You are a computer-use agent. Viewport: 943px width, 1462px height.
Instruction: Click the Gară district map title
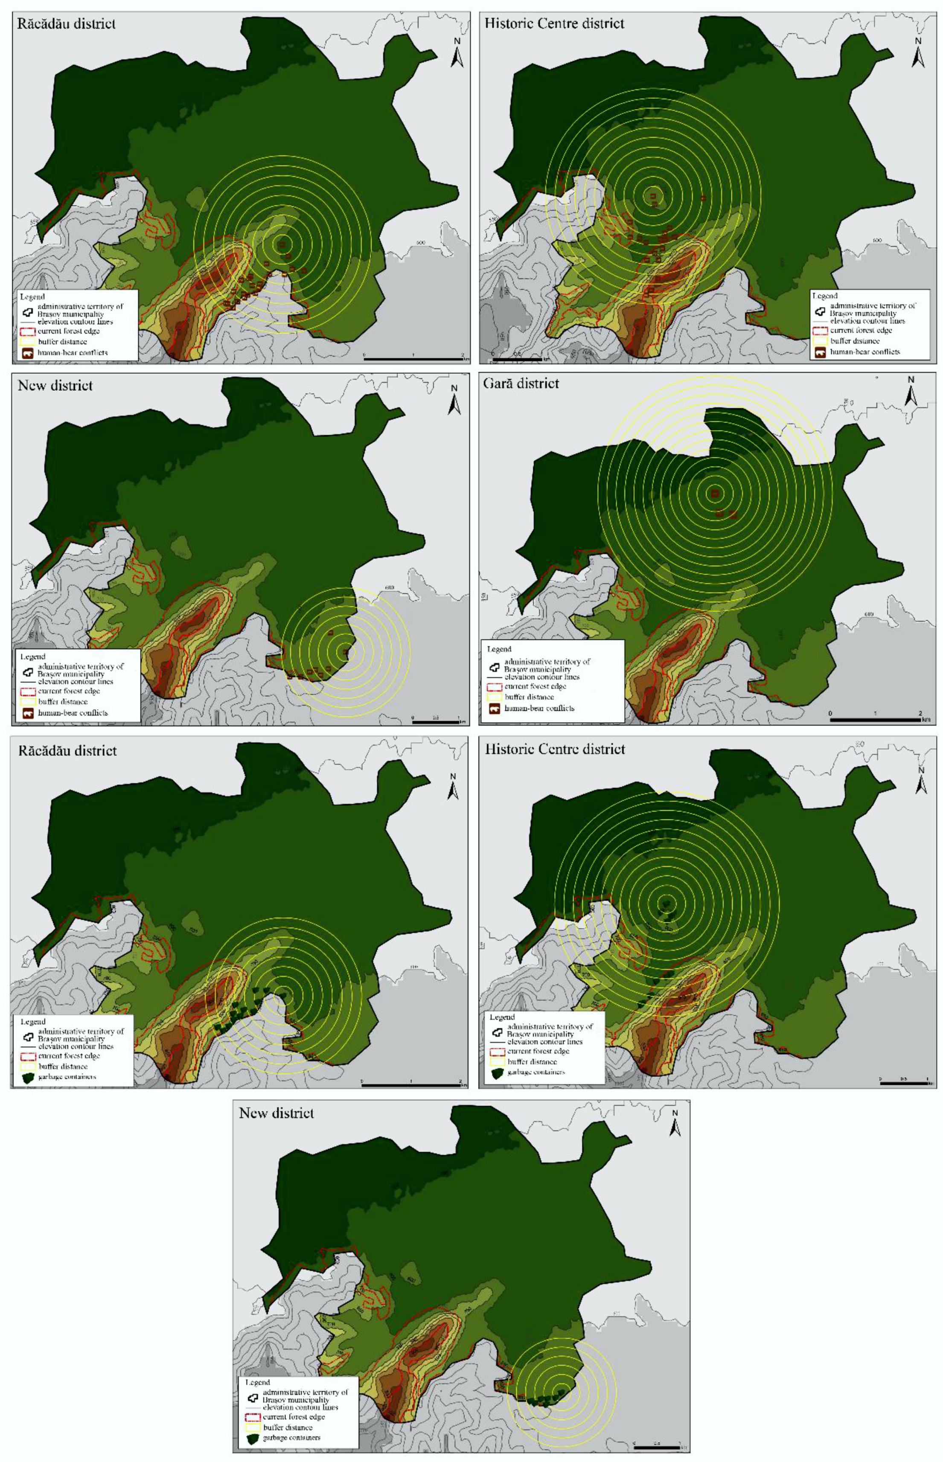click(x=521, y=384)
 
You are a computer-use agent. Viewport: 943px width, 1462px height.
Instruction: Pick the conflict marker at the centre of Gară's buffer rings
click(x=714, y=494)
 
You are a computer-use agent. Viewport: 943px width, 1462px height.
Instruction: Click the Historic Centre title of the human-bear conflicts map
click(x=554, y=24)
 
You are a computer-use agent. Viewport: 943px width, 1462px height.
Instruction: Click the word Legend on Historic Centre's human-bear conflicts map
click(x=824, y=296)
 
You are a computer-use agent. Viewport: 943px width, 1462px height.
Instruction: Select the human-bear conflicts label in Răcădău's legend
click(x=73, y=353)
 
